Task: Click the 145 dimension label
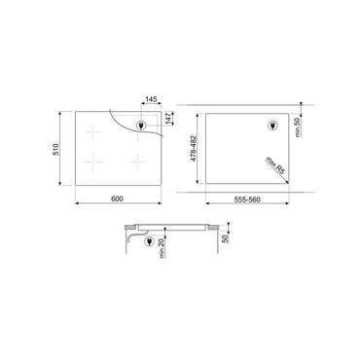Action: pyautogui.click(x=151, y=99)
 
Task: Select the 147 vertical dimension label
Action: pyautogui.click(x=168, y=118)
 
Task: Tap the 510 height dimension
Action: pyautogui.click(x=56, y=149)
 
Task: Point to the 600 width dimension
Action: pyautogui.click(x=117, y=198)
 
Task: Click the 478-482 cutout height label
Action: pyautogui.click(x=193, y=149)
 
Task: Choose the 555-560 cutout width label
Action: pyautogui.click(x=247, y=199)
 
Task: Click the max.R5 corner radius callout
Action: pyautogui.click(x=275, y=165)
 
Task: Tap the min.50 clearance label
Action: pyautogui.click(x=299, y=127)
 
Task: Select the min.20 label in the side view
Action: pyautogui.click(x=162, y=248)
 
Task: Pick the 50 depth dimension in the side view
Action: pyautogui.click(x=226, y=238)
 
